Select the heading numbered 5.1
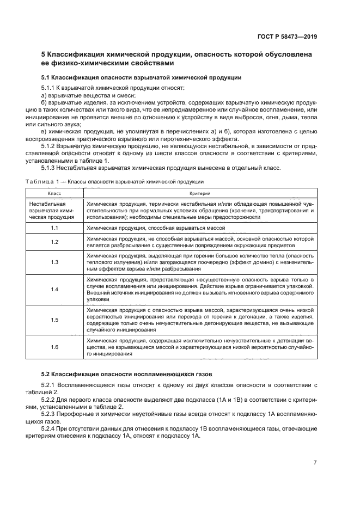coord(141,77)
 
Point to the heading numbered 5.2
coord(127,373)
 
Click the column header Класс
coord(54,193)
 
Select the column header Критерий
coord(199,193)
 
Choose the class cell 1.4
coord(54,290)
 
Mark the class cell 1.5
coord(54,320)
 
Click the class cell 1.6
coord(54,347)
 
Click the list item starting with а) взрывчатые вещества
coord(76,95)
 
